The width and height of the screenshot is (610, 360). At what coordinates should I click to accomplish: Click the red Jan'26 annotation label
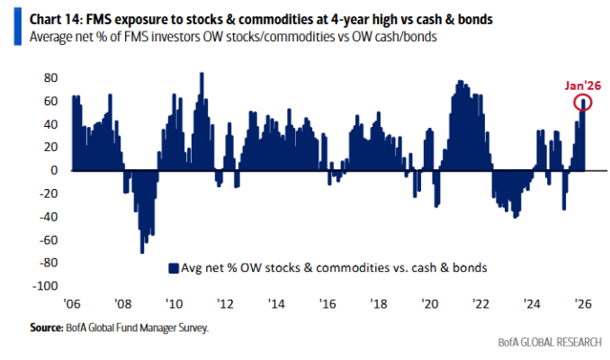[x=582, y=85]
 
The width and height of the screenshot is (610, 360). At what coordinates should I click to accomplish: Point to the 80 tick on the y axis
[x=51, y=77]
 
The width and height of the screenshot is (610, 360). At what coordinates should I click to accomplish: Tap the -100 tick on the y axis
[x=46, y=286]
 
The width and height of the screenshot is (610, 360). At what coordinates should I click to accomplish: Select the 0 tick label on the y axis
[x=54, y=170]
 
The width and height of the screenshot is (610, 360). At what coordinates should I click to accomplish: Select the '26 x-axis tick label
[x=582, y=303]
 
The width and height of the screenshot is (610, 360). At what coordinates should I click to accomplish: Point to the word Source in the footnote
[x=47, y=328]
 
